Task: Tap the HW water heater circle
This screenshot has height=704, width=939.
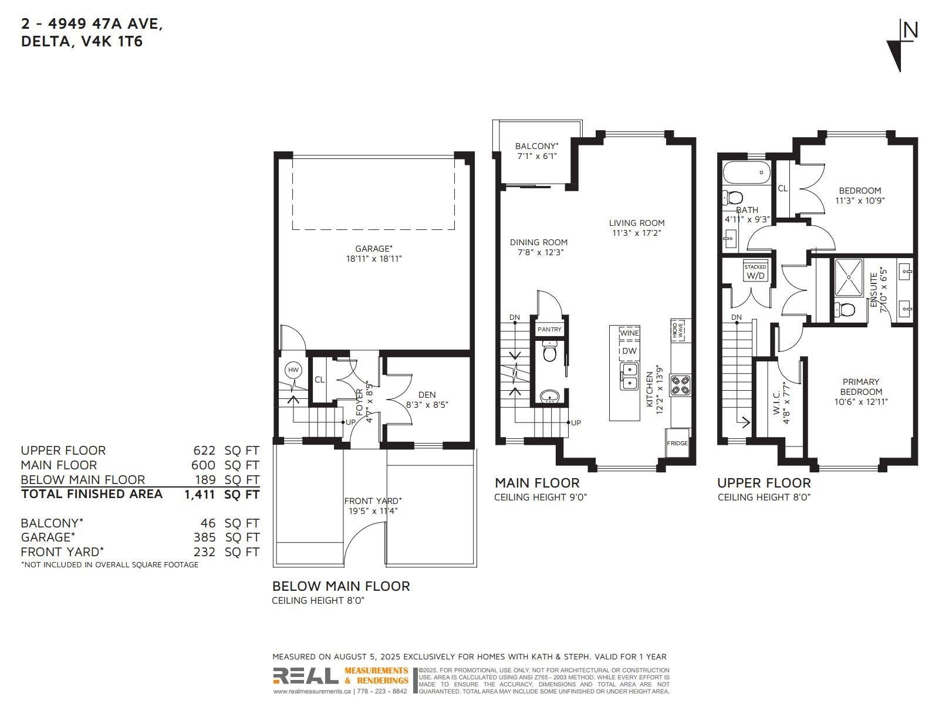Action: (293, 370)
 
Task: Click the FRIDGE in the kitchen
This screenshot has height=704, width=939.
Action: (677, 444)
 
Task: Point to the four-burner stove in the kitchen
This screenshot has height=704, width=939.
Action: (680, 385)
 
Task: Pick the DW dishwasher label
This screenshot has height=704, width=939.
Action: (629, 351)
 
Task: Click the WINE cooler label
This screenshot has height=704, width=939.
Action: (629, 333)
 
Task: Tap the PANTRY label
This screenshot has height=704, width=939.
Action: (549, 330)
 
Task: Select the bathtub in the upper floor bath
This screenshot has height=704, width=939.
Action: (746, 173)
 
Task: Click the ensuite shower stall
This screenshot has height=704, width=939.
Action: (849, 277)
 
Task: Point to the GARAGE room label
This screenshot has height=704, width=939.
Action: (373, 249)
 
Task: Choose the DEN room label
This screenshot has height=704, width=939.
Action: (427, 395)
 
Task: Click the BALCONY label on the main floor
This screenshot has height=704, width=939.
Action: (536, 146)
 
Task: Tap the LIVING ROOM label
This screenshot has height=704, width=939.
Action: (637, 223)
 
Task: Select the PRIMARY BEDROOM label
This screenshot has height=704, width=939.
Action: (861, 387)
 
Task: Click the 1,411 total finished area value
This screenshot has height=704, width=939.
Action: (200, 495)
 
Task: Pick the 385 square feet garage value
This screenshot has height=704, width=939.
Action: (204, 537)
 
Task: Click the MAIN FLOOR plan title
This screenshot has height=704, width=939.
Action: (537, 483)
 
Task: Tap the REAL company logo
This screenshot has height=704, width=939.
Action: (305, 676)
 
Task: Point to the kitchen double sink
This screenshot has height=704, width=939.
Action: (629, 376)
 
